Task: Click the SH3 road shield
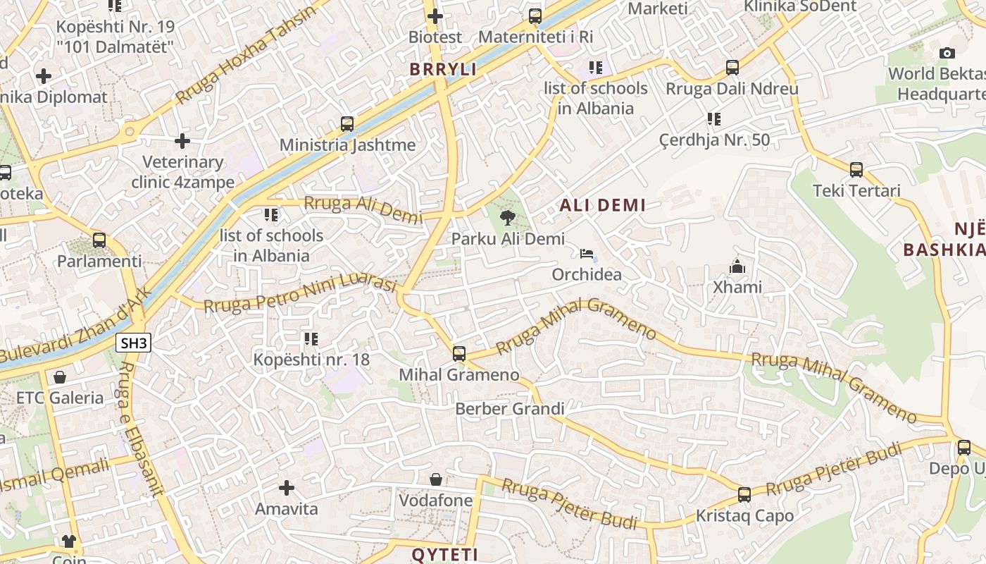click(x=133, y=343)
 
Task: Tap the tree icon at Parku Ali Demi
click(x=506, y=217)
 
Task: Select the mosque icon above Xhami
click(x=737, y=266)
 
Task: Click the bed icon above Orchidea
click(x=587, y=254)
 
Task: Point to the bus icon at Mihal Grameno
click(x=459, y=353)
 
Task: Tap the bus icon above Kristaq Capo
click(x=744, y=494)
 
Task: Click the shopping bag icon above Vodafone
click(x=436, y=479)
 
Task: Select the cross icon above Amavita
click(x=287, y=487)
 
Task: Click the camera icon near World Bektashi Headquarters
click(x=947, y=53)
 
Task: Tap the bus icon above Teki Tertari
click(x=856, y=169)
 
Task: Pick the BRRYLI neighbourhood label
click(x=444, y=69)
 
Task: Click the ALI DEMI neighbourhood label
click(x=602, y=205)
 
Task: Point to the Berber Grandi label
click(x=510, y=409)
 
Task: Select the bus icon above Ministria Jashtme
click(x=347, y=124)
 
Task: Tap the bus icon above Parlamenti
click(x=99, y=240)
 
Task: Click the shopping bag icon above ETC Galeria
click(x=60, y=377)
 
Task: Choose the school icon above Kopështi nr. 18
click(x=311, y=339)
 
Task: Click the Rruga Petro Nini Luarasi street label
click(x=301, y=294)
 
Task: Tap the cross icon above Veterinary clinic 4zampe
click(x=182, y=141)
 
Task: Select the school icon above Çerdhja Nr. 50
click(x=714, y=119)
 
